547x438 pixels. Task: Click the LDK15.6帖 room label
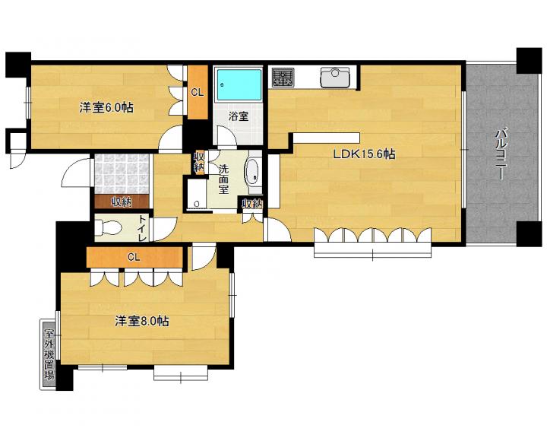[364, 154]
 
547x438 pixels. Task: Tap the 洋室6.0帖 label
[106, 107]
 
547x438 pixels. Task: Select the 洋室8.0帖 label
[142, 321]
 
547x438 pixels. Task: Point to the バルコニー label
[501, 154]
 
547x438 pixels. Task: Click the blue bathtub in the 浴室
[239, 84]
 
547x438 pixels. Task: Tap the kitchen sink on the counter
[334, 78]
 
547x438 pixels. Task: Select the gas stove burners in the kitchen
[283, 78]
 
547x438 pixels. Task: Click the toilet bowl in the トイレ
[108, 227]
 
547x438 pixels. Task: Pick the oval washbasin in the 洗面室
[252, 173]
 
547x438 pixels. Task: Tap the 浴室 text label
[239, 116]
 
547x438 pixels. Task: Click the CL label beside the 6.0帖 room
[198, 93]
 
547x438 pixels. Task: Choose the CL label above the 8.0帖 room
[134, 258]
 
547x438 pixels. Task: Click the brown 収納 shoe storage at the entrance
[122, 202]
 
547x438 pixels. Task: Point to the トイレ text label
[143, 228]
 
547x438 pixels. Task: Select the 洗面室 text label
[223, 179]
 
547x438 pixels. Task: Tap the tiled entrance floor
[122, 173]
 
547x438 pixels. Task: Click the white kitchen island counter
[326, 138]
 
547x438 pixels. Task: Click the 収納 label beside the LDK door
[252, 204]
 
